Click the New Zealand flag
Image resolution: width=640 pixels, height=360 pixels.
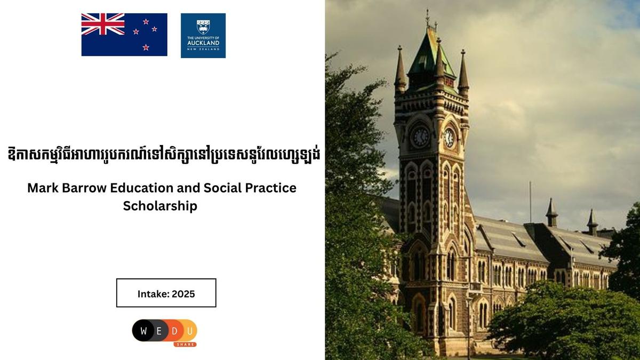124,35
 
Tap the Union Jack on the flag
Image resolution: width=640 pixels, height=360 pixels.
103,24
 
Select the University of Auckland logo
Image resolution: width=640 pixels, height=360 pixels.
203,35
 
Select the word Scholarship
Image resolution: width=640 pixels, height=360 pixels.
160,206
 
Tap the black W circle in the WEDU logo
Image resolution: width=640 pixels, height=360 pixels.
143,330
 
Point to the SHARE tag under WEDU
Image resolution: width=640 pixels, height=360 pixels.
185,344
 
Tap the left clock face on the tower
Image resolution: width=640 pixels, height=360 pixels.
420,137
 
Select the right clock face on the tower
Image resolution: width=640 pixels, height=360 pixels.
450,138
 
